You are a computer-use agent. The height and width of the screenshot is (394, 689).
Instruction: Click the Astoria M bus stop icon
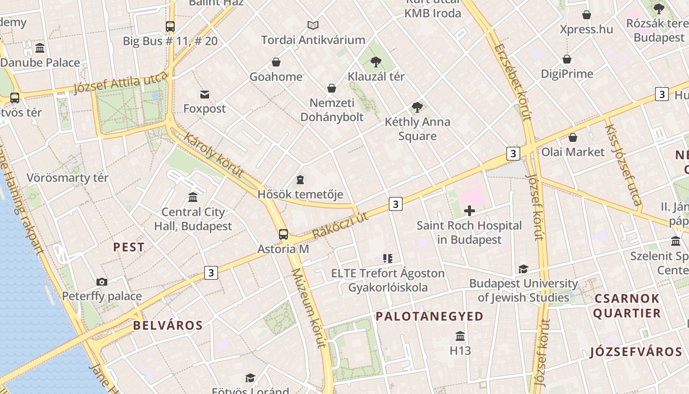[283, 234]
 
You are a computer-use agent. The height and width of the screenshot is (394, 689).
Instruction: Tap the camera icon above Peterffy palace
[102, 282]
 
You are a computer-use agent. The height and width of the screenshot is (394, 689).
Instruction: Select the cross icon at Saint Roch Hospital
[470, 211]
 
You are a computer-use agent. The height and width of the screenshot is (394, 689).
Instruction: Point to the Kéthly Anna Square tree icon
[417, 107]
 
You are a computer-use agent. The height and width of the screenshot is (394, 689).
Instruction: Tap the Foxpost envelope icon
[205, 95]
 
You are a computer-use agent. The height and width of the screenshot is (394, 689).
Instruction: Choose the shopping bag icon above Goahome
[276, 63]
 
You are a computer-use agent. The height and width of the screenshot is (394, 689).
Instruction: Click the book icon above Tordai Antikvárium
[313, 25]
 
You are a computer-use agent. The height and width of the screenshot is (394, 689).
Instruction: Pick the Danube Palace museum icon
[40, 48]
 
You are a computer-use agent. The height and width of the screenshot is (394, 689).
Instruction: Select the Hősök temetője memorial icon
[300, 180]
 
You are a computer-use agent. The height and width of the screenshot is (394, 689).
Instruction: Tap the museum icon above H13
[460, 336]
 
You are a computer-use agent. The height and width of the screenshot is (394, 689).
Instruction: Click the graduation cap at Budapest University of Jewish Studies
[523, 269]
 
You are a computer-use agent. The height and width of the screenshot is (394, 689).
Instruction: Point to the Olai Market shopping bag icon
[573, 137]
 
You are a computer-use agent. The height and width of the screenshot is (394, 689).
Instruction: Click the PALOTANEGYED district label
[430, 317]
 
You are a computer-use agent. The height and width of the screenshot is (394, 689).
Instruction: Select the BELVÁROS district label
[168, 326]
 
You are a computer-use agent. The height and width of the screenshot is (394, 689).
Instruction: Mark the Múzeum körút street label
[309, 308]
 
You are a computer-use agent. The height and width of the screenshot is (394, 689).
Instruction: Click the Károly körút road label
[214, 154]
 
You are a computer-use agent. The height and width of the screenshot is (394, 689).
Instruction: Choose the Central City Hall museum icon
[193, 197]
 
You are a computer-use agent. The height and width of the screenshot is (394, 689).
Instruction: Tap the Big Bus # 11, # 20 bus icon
[170, 27]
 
